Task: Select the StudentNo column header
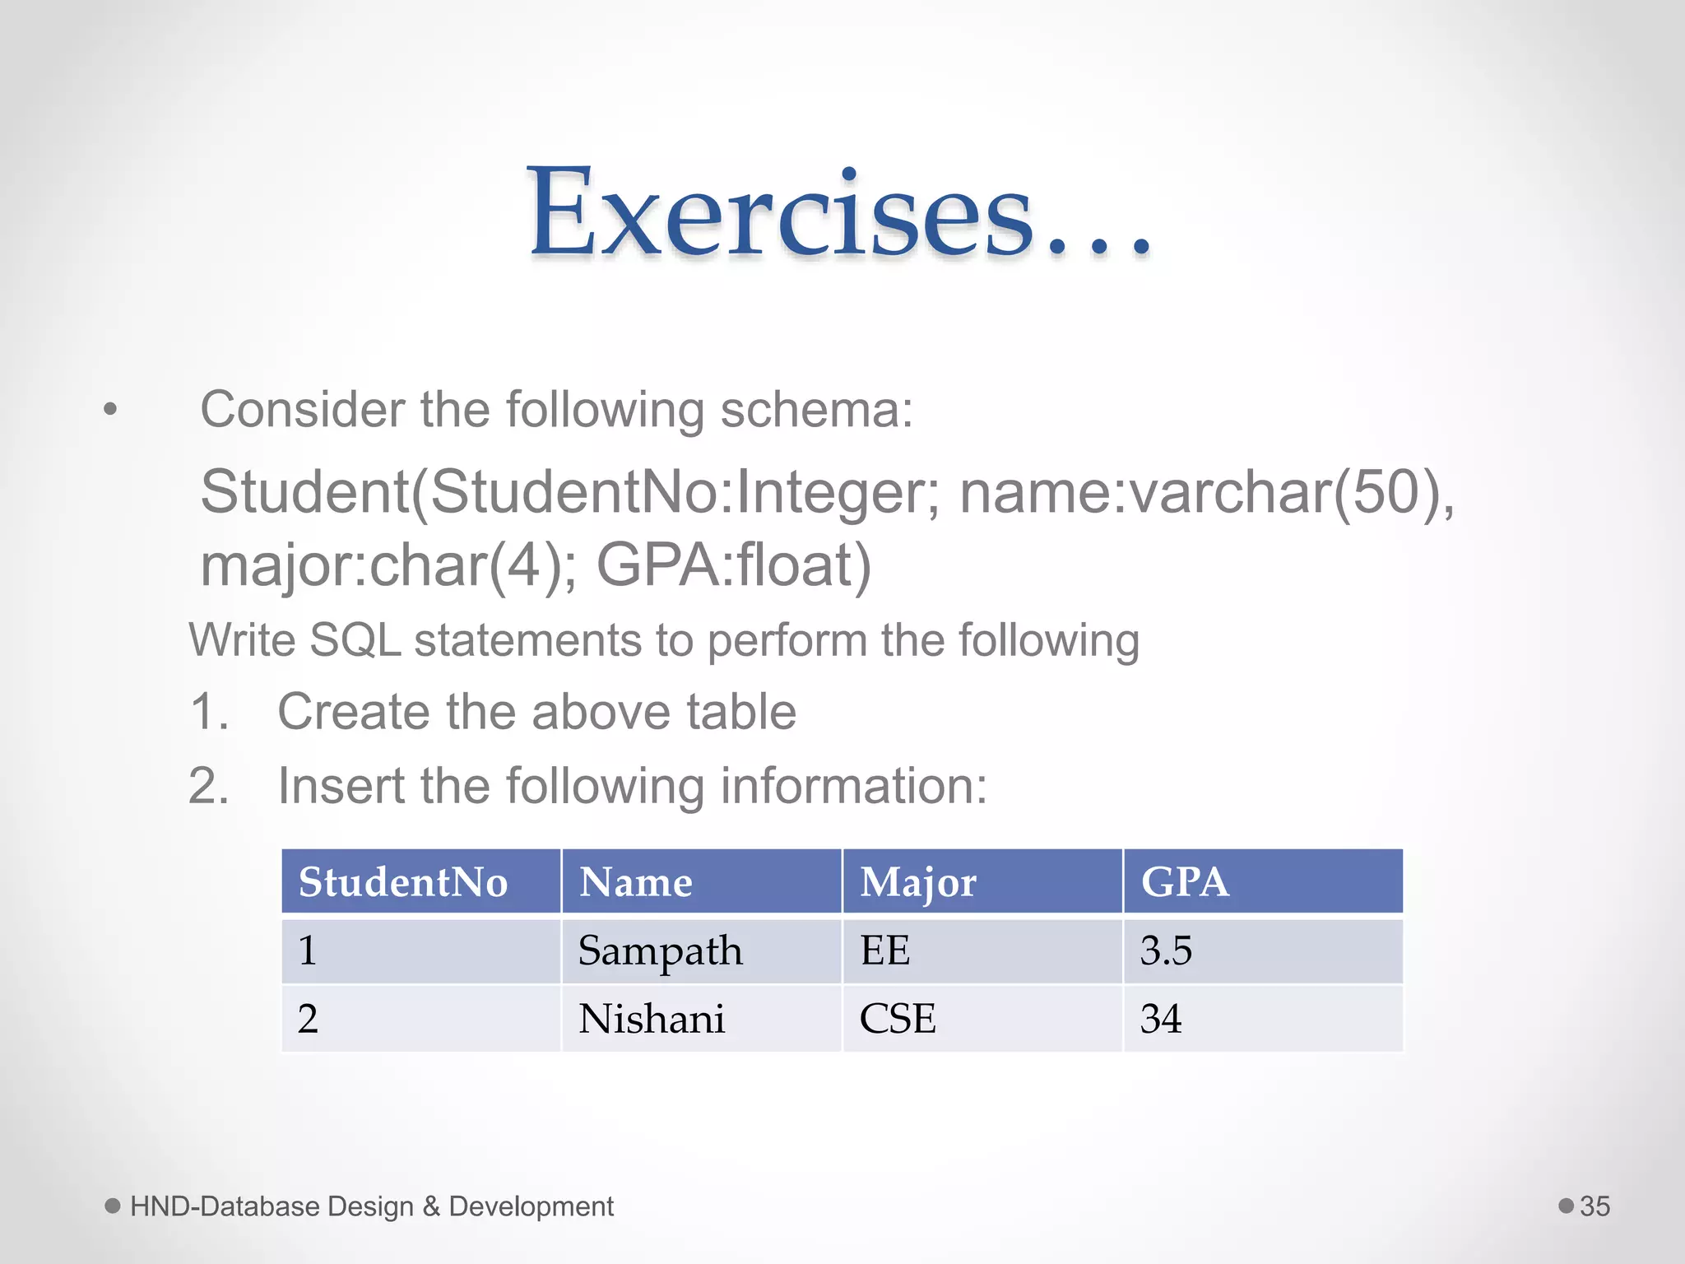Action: point(403,882)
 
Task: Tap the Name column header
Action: point(636,882)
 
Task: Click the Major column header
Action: point(918,882)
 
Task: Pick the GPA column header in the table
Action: point(1185,882)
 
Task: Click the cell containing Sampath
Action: point(660,951)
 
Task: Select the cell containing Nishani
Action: point(652,1019)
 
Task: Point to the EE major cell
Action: point(885,951)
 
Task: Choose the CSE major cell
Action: point(898,1019)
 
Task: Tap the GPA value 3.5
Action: point(1166,951)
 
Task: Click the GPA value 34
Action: point(1161,1019)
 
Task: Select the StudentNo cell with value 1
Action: point(308,951)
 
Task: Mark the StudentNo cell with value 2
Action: point(308,1019)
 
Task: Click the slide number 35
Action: point(1594,1206)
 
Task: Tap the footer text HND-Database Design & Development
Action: point(372,1206)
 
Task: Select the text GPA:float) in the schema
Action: point(733,565)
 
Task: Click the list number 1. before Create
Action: point(209,712)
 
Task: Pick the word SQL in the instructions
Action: point(355,640)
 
